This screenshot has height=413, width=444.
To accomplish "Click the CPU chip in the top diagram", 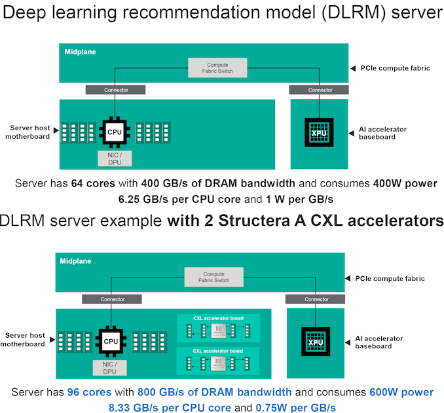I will coord(115,132).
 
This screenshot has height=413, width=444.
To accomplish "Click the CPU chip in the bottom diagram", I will coord(111,341).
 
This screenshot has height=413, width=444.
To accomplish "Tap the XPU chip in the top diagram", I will coord(319,133).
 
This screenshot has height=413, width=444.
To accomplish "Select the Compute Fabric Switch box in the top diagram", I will coord(218,67).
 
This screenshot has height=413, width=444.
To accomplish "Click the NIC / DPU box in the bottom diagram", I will coord(111,368).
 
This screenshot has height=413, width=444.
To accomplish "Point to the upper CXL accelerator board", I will coord(218,327).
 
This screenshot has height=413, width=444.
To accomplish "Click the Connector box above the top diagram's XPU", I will coord(320,90).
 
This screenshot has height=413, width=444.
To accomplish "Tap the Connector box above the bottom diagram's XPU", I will coord(316,299).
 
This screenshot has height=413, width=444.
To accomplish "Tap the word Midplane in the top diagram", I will coord(80,51).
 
